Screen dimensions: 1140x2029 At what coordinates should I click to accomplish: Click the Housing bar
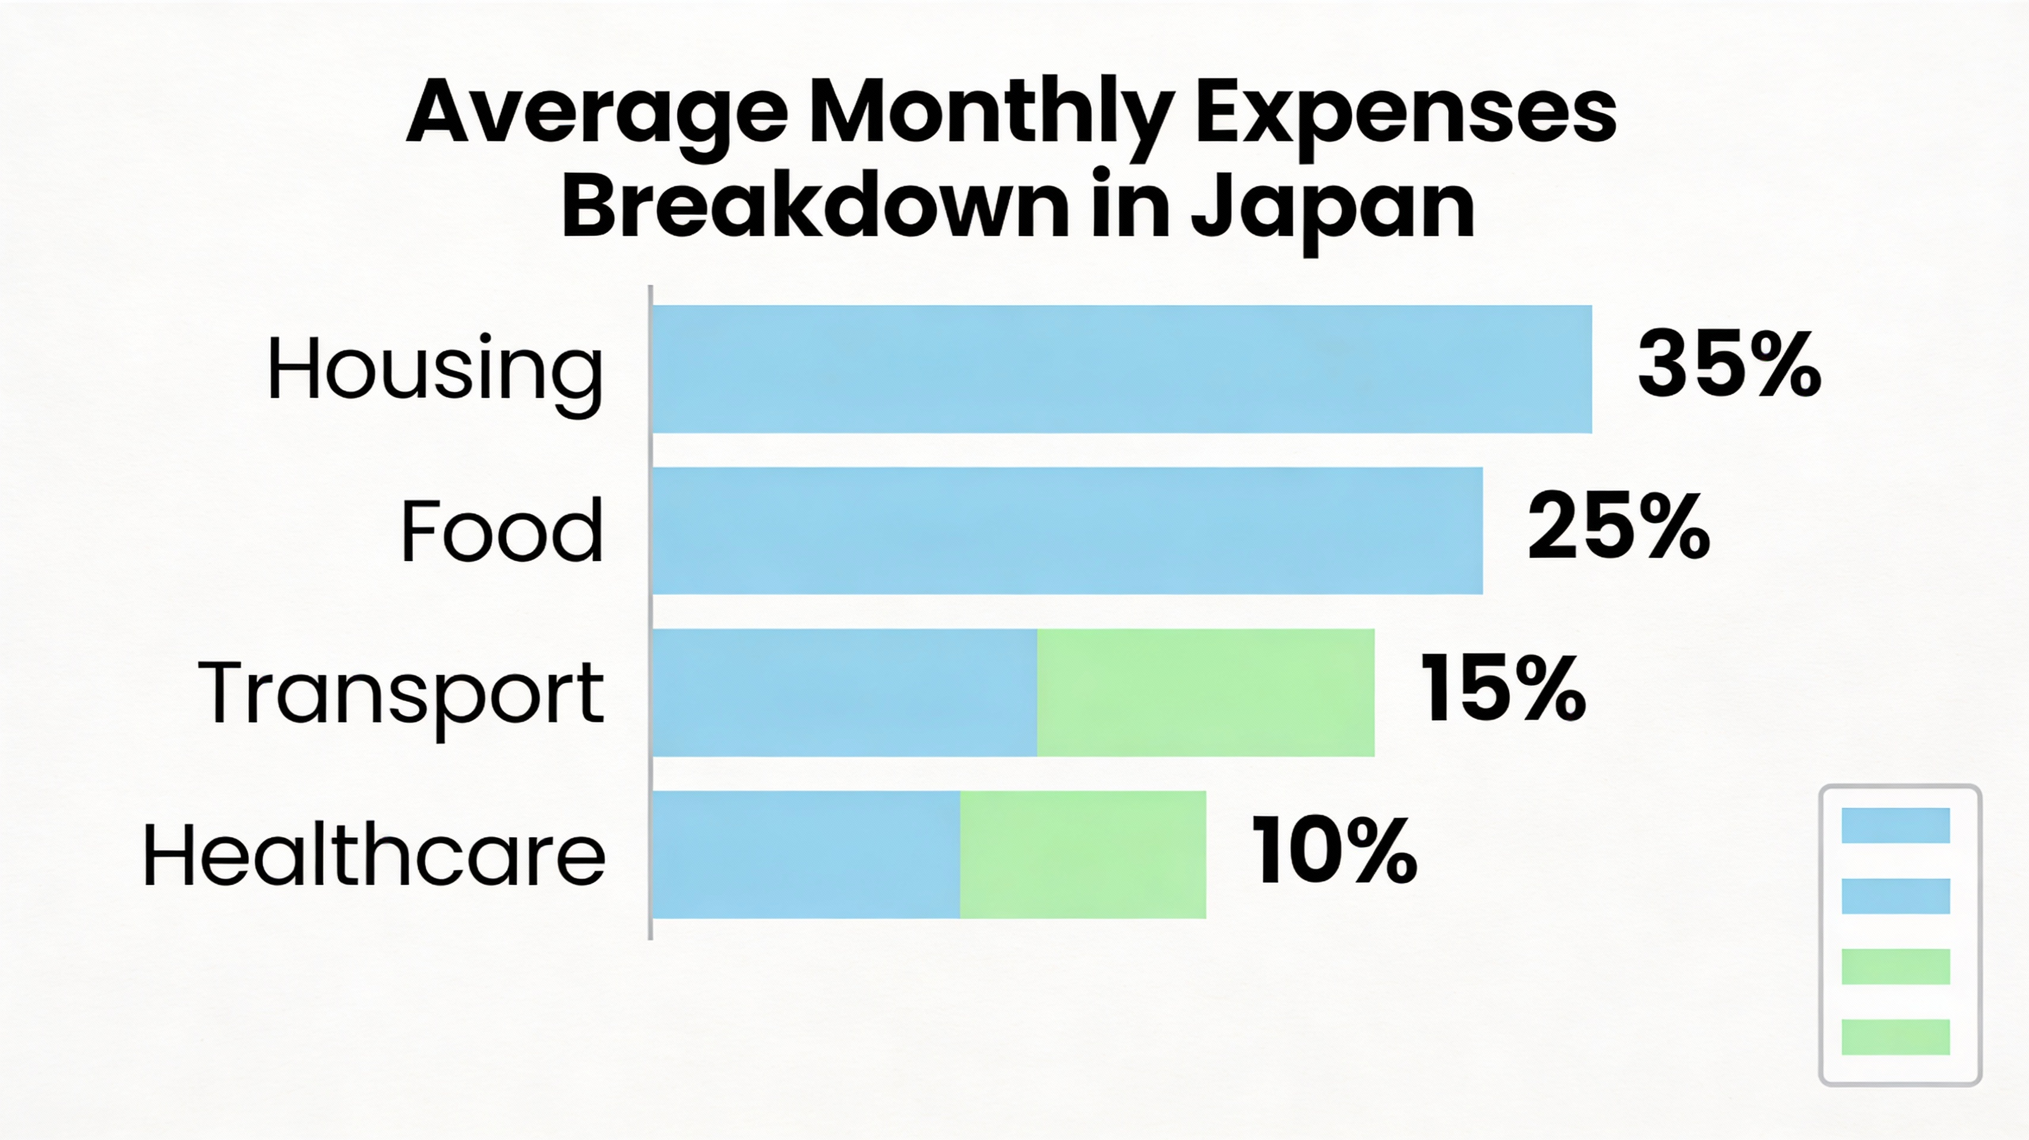1121,369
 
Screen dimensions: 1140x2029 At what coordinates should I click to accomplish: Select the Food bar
1067,531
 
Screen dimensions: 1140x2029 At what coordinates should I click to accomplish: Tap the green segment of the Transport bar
1205,693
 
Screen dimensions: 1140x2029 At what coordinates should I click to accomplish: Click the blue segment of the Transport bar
845,693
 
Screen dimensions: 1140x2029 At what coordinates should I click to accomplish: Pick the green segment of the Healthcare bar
1082,854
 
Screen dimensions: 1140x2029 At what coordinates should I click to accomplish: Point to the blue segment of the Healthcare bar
806,854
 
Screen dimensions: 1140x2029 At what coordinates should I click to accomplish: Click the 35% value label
1729,365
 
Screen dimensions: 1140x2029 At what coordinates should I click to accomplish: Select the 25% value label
1618,527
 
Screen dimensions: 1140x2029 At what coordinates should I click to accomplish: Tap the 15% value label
1502,689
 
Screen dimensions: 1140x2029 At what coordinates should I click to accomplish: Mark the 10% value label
1333,851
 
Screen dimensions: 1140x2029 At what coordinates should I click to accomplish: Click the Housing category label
435,370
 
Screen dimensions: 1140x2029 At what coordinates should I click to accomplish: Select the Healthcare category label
374,855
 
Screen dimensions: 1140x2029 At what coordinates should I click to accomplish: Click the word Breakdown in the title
814,206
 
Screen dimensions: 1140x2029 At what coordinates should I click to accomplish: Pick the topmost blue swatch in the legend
1895,825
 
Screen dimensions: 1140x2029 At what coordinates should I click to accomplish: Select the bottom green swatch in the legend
1895,1036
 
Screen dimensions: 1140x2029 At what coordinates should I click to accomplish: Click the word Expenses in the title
1405,116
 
